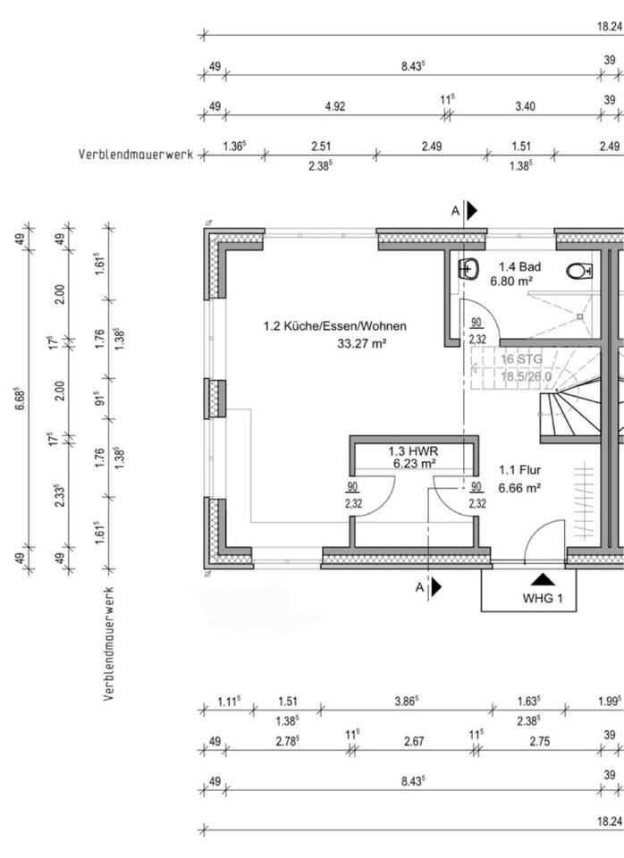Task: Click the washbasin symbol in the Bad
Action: pyautogui.click(x=468, y=268)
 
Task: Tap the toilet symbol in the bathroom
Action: pyautogui.click(x=579, y=270)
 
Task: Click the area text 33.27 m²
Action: pyautogui.click(x=362, y=343)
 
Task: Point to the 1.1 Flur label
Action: pyautogui.click(x=519, y=470)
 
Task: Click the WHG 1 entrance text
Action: pyautogui.click(x=542, y=598)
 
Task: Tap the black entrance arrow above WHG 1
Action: pyautogui.click(x=543, y=579)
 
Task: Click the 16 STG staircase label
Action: pyautogui.click(x=521, y=359)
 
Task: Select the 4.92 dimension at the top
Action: pyautogui.click(x=335, y=106)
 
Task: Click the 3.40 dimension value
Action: pyautogui.click(x=525, y=106)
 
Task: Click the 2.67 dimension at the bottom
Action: pyautogui.click(x=414, y=741)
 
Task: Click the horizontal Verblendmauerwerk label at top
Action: pyautogui.click(x=136, y=155)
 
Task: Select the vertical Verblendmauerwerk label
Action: pyautogui.click(x=109, y=643)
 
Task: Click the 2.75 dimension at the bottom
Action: pyautogui.click(x=540, y=741)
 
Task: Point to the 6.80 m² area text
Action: pyautogui.click(x=511, y=282)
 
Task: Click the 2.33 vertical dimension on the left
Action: pyautogui.click(x=60, y=496)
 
